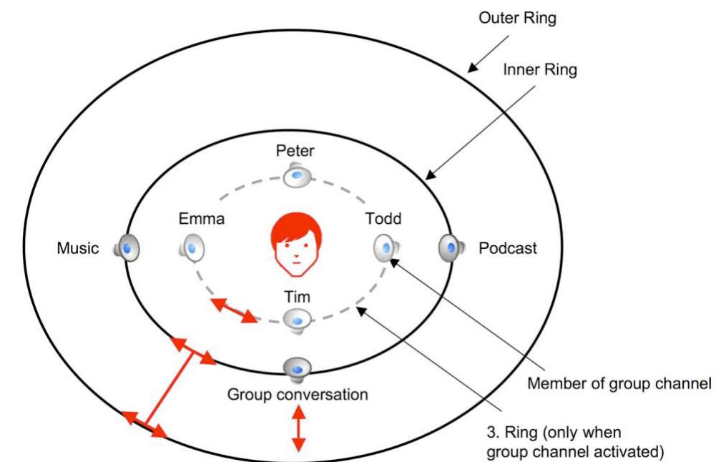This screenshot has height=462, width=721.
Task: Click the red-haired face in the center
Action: tap(295, 244)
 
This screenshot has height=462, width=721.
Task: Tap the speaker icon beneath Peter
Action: tap(295, 175)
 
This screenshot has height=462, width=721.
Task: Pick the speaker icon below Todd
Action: tap(384, 247)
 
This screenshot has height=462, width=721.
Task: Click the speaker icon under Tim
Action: tap(295, 320)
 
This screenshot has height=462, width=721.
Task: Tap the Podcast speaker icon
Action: tap(448, 248)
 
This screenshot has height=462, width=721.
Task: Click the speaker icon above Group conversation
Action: tap(295, 369)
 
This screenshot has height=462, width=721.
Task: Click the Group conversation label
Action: tap(298, 394)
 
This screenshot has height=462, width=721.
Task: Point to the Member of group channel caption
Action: tap(619, 384)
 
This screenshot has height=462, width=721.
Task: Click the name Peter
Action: tap(295, 151)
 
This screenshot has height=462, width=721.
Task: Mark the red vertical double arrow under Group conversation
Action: tap(298, 428)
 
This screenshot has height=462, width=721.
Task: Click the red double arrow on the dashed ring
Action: tap(235, 310)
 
